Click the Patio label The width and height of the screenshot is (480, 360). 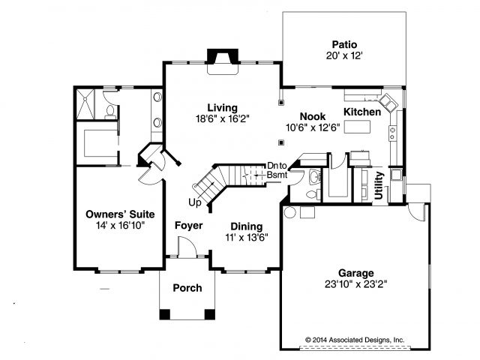coord(344,45)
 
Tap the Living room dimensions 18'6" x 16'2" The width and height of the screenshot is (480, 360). coord(223,118)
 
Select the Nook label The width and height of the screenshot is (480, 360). coord(313,116)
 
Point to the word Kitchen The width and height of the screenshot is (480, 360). coord(362,112)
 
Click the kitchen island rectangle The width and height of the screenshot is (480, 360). coord(357,127)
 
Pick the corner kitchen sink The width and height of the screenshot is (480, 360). coord(388,103)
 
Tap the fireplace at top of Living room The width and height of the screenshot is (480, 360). coord(223,61)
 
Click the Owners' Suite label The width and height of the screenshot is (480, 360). coord(120,214)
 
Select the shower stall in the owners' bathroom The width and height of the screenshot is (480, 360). coord(85,104)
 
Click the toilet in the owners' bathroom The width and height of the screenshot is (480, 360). coord(110,112)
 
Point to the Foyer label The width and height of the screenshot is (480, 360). coord(188,226)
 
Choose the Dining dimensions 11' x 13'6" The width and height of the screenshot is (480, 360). coord(247,237)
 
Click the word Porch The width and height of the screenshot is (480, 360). coord(187,288)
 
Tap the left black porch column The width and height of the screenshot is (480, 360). coord(165,314)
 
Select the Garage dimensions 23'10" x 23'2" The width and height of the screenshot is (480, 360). coord(356,284)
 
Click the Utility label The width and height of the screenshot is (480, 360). coord(379,185)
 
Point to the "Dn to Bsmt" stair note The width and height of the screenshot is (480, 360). coord(277,170)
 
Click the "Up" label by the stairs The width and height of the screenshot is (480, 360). coord(195,202)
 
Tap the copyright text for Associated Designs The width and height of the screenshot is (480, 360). coord(355,340)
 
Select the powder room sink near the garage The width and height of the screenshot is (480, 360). coord(314,177)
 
